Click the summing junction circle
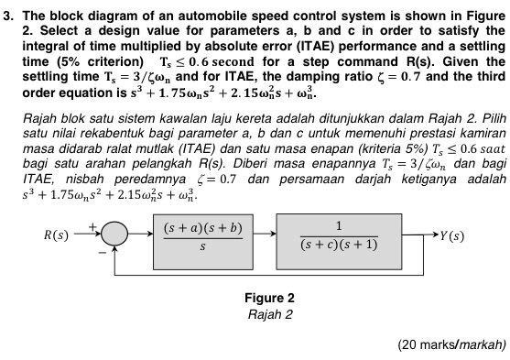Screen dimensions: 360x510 114,235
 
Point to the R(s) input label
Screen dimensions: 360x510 49,235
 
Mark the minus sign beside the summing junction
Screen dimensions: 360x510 100,250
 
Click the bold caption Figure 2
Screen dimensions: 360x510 270,298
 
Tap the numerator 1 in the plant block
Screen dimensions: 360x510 338,224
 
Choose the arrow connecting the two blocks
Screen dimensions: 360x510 266,235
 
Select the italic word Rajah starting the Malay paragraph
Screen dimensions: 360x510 37,119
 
